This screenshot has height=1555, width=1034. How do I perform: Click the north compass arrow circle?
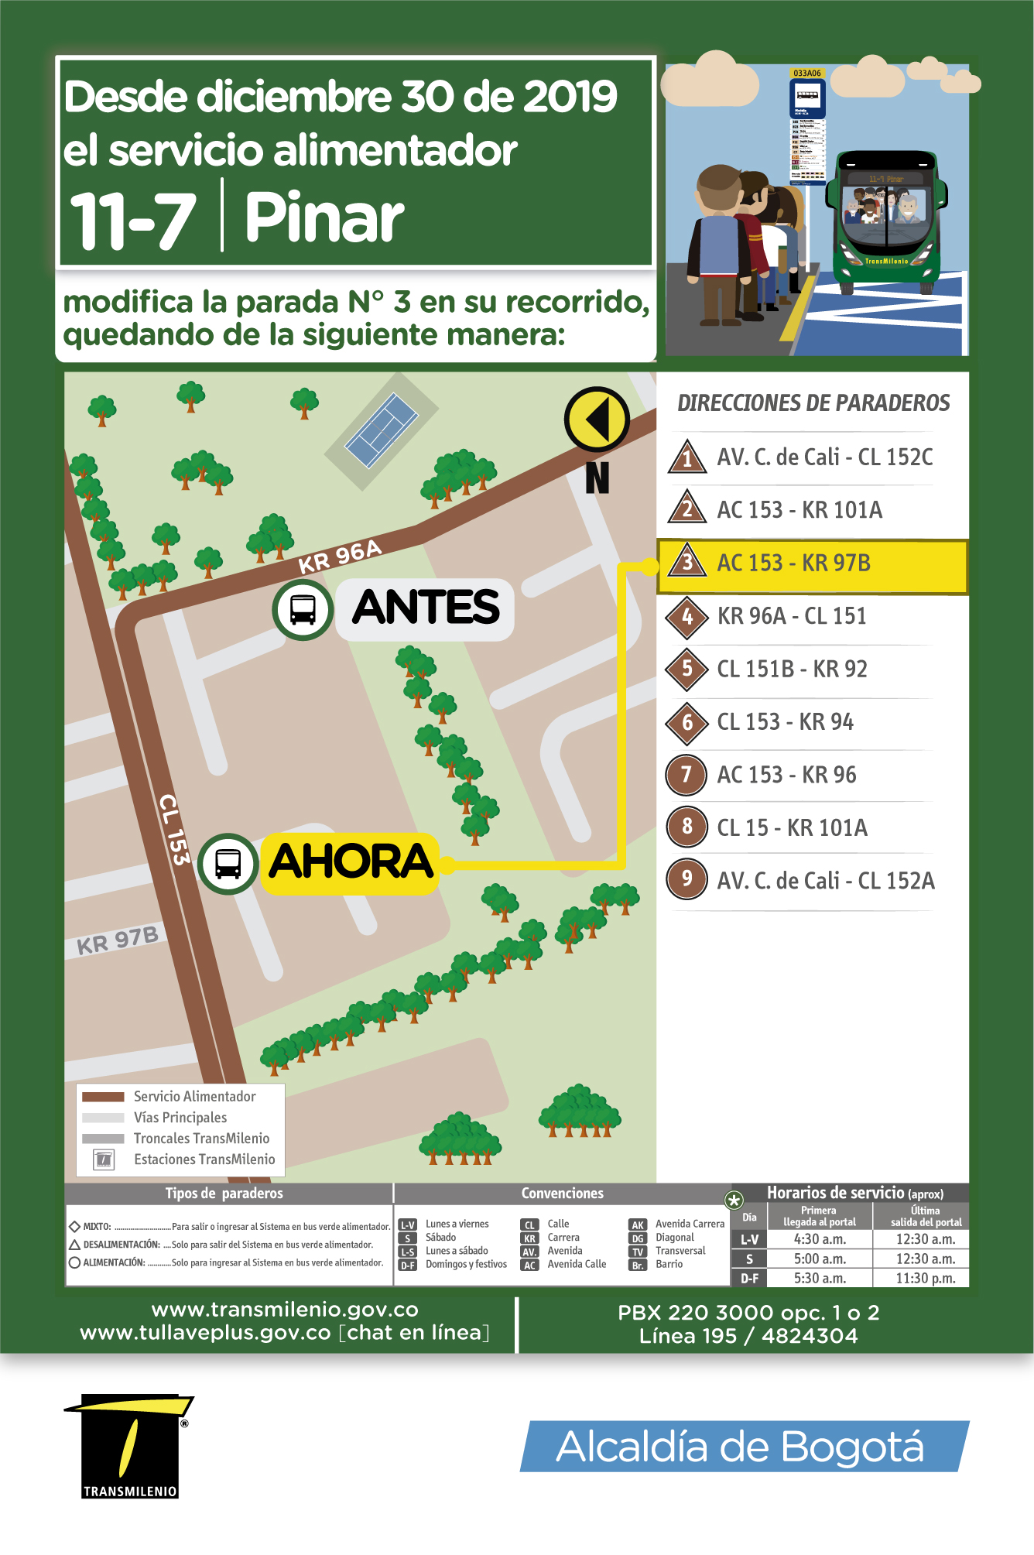pos(597,419)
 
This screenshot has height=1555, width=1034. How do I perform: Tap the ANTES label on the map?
pos(426,608)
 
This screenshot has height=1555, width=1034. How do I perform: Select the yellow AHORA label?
pos(350,862)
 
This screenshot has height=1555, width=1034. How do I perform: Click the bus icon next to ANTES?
pos(303,609)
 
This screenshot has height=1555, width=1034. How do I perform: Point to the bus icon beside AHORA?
pos(228,864)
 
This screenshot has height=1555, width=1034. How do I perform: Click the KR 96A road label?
pos(340,557)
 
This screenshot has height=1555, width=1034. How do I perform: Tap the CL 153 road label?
pos(174,829)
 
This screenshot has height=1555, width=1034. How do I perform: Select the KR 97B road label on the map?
pos(118,940)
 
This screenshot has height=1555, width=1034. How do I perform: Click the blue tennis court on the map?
pos(382,430)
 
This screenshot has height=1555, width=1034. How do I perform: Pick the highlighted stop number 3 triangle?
pos(687,562)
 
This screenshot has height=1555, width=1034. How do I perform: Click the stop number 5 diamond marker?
pos(687,669)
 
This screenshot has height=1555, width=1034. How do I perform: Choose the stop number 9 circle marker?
pos(686,879)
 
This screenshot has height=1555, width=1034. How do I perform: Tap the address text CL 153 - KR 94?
pos(785,722)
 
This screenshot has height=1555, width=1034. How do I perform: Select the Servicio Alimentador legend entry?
pos(193,1097)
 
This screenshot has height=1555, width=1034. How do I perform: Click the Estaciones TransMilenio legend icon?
pos(104,1159)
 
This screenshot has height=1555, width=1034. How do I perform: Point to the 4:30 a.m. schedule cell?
pos(820,1239)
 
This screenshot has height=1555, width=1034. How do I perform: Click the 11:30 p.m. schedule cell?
pos(925,1279)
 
